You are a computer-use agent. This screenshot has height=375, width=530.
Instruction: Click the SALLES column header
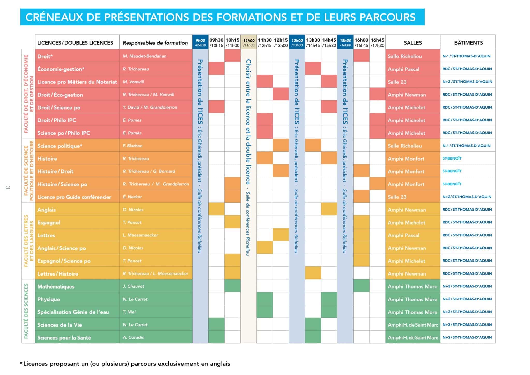click(x=413, y=43)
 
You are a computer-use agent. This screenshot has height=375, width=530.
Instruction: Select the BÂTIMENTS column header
click(x=468, y=43)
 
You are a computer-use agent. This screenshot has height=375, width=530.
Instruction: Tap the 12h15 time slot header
click(x=281, y=42)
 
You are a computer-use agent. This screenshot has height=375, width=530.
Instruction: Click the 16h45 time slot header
click(x=377, y=42)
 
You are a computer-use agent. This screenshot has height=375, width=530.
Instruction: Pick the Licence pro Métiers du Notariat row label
click(x=77, y=82)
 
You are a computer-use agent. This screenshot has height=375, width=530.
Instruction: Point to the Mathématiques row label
click(x=56, y=286)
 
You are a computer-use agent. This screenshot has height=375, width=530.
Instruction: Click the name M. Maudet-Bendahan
click(x=144, y=56)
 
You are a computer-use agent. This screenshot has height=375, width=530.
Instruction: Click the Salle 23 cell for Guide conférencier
click(x=397, y=197)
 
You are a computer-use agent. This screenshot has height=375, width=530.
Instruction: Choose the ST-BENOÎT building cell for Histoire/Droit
click(x=452, y=171)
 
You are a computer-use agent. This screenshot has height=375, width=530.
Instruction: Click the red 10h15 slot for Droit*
click(x=232, y=56)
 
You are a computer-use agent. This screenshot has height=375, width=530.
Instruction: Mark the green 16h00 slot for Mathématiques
click(x=361, y=286)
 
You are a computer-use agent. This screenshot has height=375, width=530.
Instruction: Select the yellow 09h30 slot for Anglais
click(x=216, y=209)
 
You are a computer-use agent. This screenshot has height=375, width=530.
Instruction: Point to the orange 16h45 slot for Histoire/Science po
click(x=377, y=184)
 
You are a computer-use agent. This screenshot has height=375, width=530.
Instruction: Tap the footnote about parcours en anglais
click(x=125, y=364)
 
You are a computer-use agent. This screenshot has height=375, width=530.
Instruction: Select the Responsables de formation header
click(x=155, y=43)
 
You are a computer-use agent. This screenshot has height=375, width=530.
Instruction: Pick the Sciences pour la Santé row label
click(x=64, y=337)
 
